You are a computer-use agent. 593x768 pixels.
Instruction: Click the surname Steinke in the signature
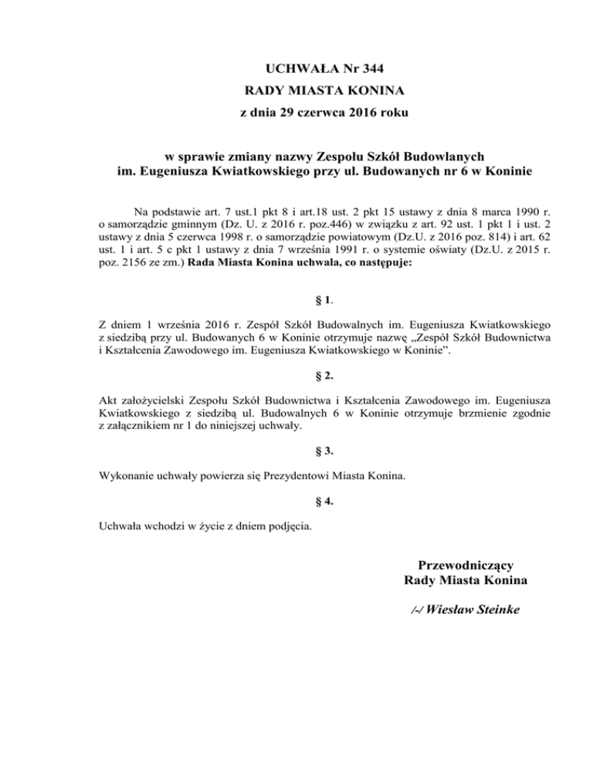point(491,610)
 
